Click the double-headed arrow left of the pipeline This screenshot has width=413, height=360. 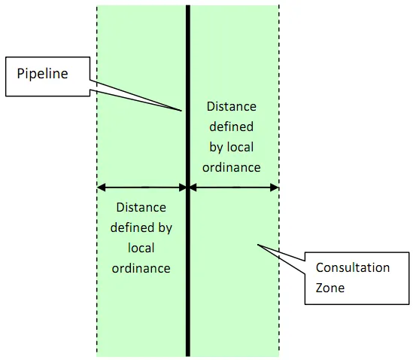point(142,187)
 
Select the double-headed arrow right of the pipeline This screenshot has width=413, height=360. point(233,187)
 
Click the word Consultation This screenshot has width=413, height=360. point(352,268)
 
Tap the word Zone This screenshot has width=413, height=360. point(329,288)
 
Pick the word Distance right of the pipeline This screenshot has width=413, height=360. point(231,106)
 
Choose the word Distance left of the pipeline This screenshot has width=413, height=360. point(141,207)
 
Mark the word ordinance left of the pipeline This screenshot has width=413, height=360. point(141,268)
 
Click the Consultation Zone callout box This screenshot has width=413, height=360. point(357,278)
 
